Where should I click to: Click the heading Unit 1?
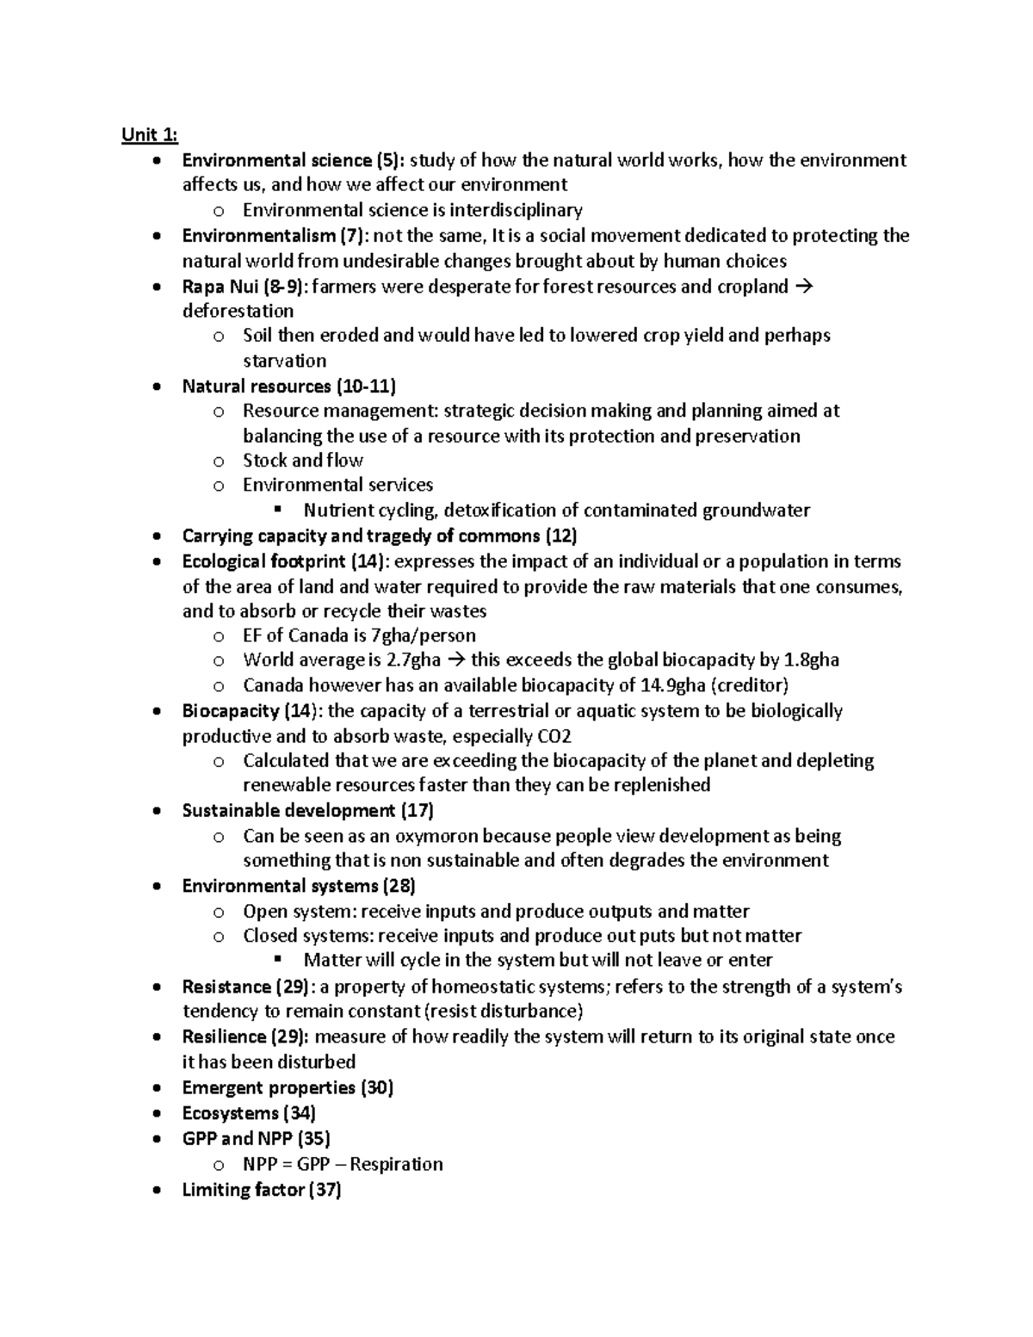(x=150, y=134)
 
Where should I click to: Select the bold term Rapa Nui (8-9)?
(x=242, y=287)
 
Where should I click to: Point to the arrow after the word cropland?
(x=806, y=287)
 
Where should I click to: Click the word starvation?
(x=284, y=361)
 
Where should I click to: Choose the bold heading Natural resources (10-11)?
(x=288, y=386)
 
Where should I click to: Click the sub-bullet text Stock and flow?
(x=303, y=461)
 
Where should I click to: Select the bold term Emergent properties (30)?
(x=288, y=1087)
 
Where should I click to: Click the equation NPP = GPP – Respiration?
(x=343, y=1164)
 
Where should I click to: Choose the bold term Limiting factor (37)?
(x=262, y=1190)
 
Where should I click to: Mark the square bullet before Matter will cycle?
(x=276, y=959)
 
